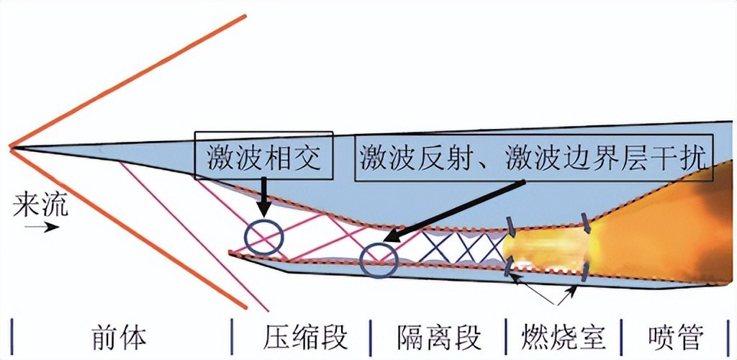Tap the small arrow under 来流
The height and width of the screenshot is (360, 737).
click(42, 228)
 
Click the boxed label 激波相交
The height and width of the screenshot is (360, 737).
click(263, 156)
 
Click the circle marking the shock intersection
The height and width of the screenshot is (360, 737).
click(263, 238)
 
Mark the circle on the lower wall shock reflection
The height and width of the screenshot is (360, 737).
click(379, 260)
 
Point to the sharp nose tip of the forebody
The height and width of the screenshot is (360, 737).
click(12, 148)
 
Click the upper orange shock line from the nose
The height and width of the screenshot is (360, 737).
click(130, 80)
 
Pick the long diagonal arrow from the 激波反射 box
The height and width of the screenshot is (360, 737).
click(453, 209)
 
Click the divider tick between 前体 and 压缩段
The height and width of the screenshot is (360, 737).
click(232, 335)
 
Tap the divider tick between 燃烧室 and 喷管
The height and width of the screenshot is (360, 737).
click(621, 335)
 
